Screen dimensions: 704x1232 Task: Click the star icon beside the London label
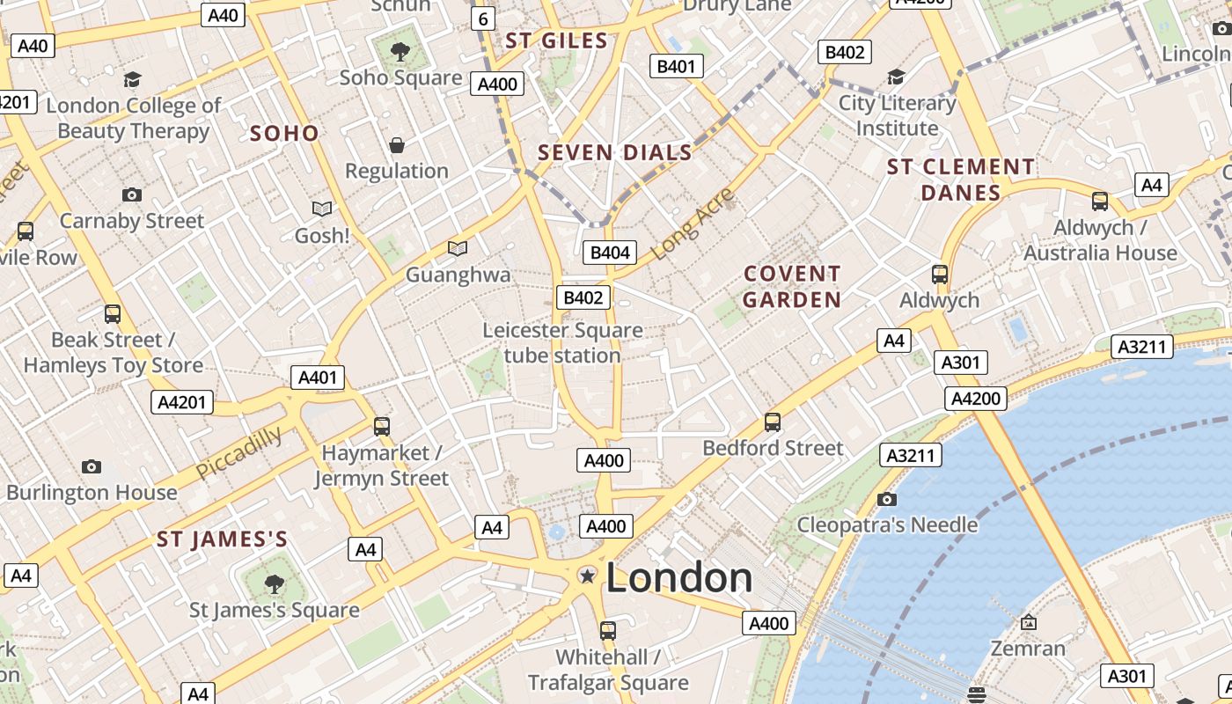pyautogui.click(x=587, y=576)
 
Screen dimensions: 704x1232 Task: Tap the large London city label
pyautogui.click(x=678, y=578)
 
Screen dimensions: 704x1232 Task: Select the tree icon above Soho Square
pyautogui.click(x=400, y=52)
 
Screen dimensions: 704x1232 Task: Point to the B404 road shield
pyautogui.click(x=611, y=253)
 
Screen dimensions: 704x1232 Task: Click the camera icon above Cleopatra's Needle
pyautogui.click(x=887, y=500)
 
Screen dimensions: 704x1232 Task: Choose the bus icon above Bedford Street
pyautogui.click(x=773, y=422)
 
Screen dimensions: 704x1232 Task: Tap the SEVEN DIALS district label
pyautogui.click(x=615, y=153)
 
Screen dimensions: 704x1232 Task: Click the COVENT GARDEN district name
pyautogui.click(x=792, y=287)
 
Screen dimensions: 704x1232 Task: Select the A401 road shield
pyautogui.click(x=318, y=378)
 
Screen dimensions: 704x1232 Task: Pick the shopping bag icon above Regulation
pyautogui.click(x=397, y=145)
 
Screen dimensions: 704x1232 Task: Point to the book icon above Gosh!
pyautogui.click(x=322, y=209)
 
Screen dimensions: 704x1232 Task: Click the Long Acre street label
pyautogui.click(x=693, y=224)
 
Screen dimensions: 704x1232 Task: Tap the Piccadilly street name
pyautogui.click(x=238, y=453)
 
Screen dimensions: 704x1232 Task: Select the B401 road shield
pyautogui.click(x=676, y=66)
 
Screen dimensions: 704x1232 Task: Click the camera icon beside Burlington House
pyautogui.click(x=92, y=466)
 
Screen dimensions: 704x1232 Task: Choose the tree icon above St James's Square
pyautogui.click(x=275, y=583)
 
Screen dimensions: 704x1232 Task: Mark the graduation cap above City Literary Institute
pyautogui.click(x=896, y=77)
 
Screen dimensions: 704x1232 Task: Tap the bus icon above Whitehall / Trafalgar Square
pyautogui.click(x=608, y=630)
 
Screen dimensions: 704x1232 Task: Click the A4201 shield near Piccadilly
pyautogui.click(x=183, y=403)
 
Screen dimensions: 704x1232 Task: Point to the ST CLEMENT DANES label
pyautogui.click(x=961, y=180)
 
